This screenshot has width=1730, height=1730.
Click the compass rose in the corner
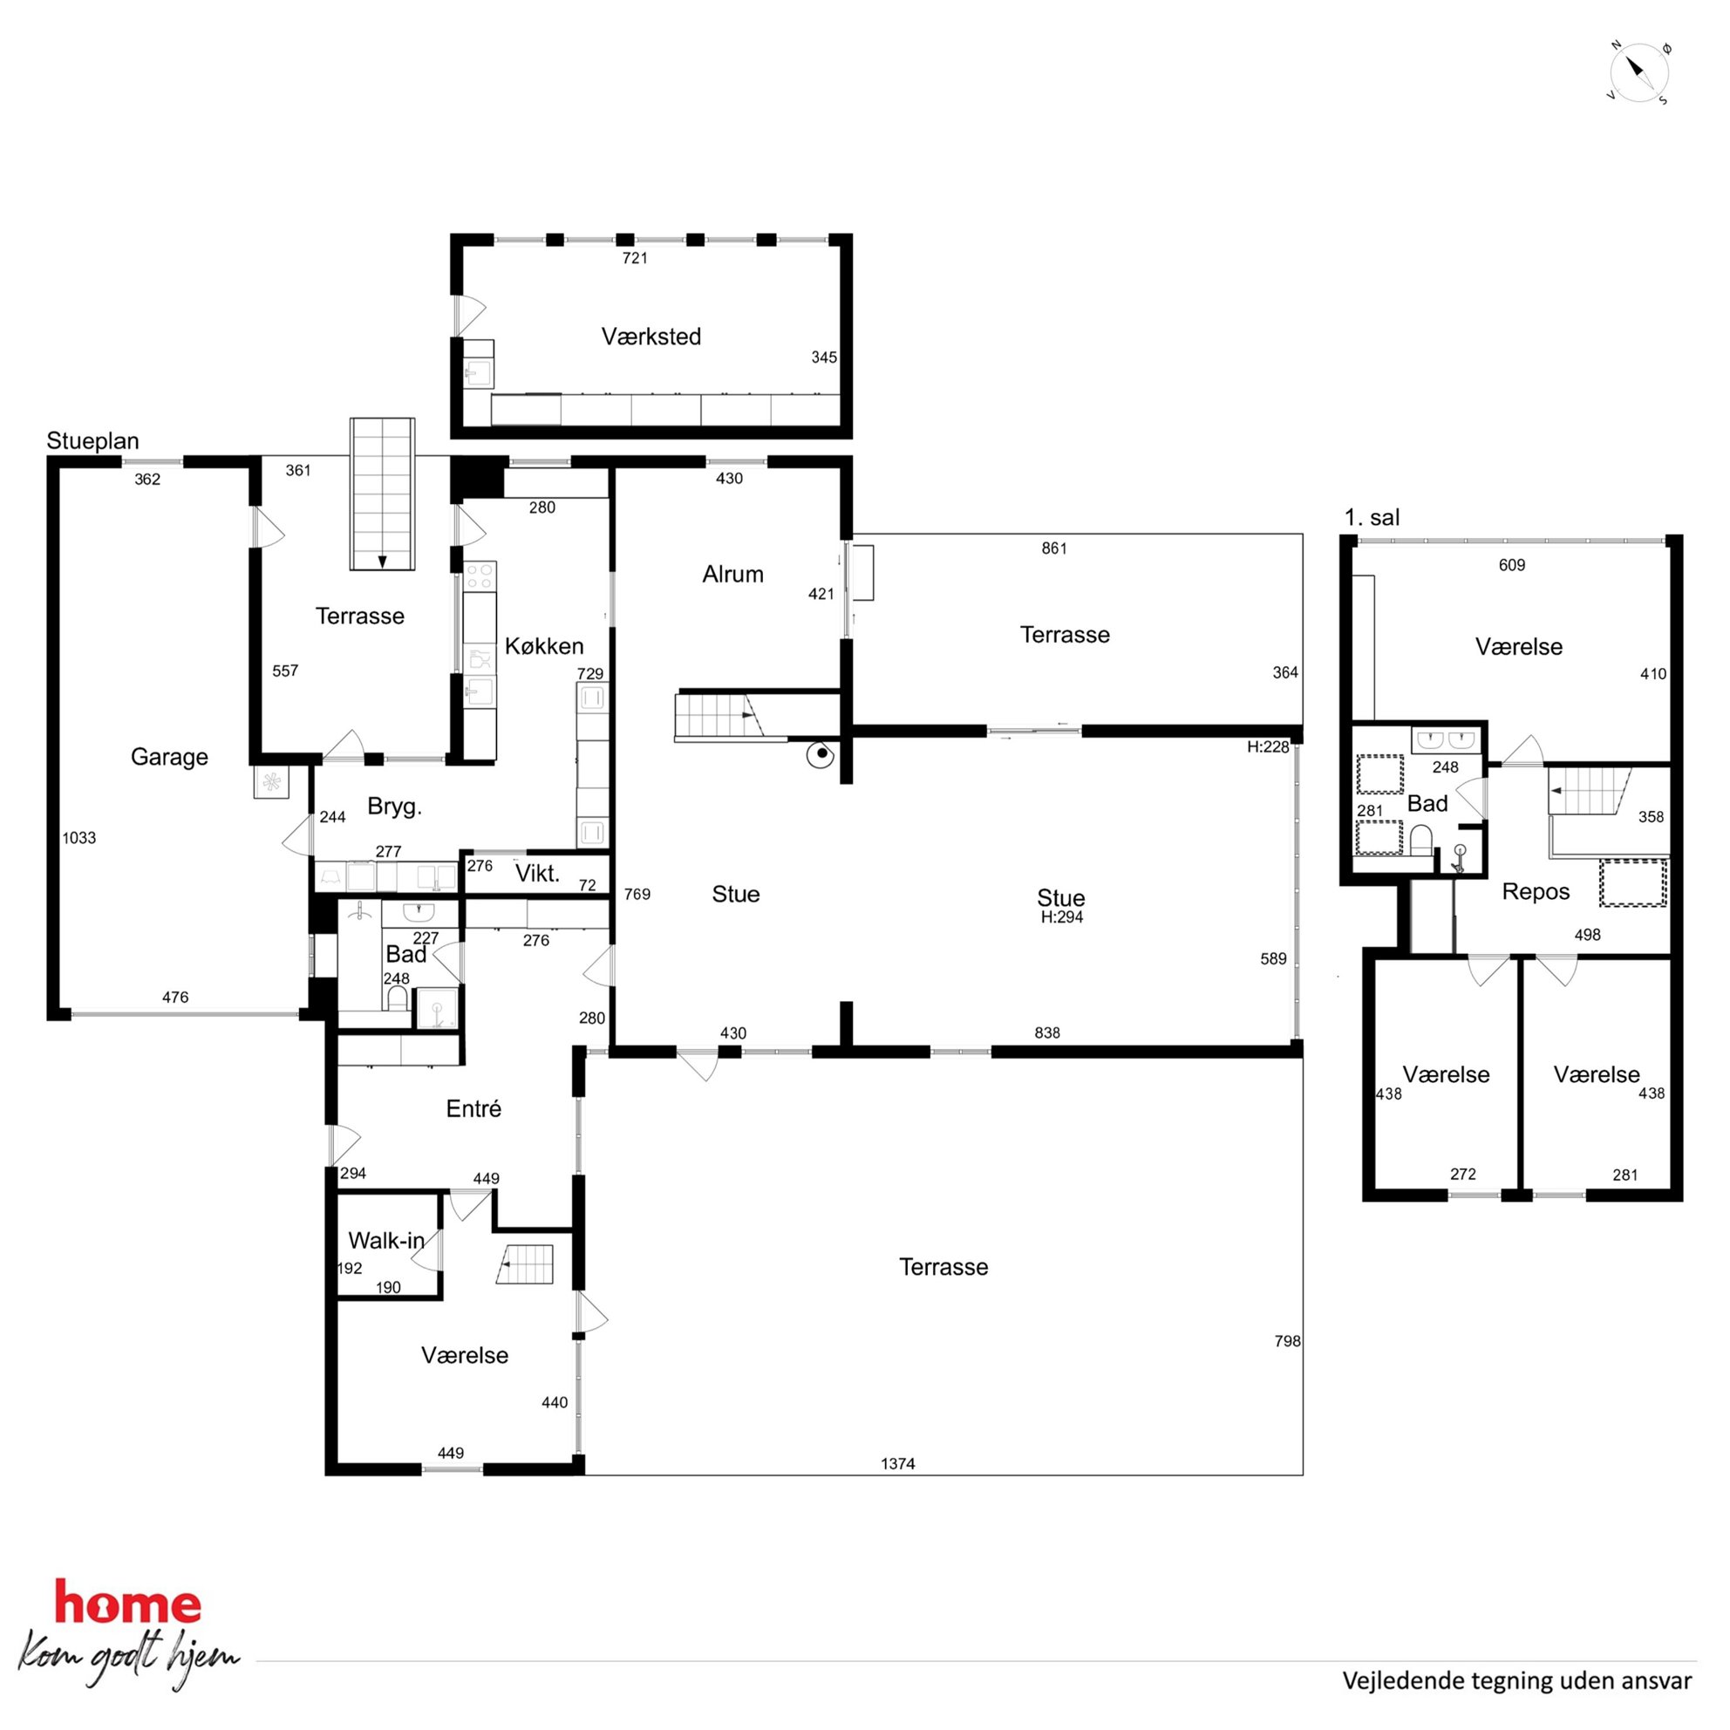point(1638,72)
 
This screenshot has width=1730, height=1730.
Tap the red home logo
point(128,1603)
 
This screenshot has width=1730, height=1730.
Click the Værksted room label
point(651,337)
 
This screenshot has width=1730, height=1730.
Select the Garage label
point(169,757)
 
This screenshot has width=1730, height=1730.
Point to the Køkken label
point(543,645)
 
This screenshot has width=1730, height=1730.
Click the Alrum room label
point(732,574)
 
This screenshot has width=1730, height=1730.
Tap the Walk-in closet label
point(386,1240)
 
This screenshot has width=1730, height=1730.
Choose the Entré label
point(473,1108)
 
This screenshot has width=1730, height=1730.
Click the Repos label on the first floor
point(1536,892)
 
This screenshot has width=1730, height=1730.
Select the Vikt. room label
point(537,873)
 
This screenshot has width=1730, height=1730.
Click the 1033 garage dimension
point(78,838)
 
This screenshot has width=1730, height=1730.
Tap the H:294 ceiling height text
point(1062,917)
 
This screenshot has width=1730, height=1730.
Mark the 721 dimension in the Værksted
point(635,258)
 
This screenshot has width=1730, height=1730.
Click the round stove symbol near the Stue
point(821,754)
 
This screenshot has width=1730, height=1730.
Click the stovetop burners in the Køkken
point(480,576)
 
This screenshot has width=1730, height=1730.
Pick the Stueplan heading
point(93,440)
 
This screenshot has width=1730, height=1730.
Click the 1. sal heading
point(1372,517)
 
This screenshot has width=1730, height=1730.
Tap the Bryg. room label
point(394,807)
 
